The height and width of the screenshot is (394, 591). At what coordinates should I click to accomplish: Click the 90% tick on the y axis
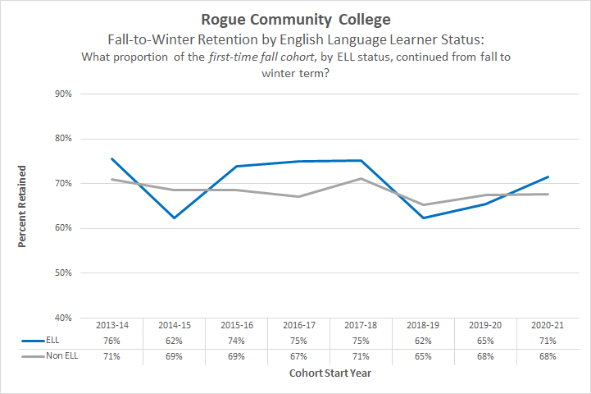(x=63, y=94)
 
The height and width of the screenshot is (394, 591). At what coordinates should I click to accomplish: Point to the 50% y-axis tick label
(x=63, y=273)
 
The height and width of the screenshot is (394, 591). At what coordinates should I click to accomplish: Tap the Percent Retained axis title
(x=22, y=206)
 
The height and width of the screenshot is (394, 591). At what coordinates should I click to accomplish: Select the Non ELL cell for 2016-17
(x=299, y=356)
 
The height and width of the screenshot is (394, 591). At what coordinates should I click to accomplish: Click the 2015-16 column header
(x=237, y=324)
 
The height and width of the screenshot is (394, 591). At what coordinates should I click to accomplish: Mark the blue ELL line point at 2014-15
(x=175, y=218)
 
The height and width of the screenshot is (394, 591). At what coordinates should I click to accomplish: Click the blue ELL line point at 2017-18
(x=361, y=161)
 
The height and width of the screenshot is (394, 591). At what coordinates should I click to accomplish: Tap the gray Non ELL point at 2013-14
(x=112, y=179)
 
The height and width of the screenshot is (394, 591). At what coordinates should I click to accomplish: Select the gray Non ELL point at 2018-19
(x=423, y=205)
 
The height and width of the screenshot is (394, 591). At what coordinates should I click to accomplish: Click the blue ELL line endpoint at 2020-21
(x=548, y=176)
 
